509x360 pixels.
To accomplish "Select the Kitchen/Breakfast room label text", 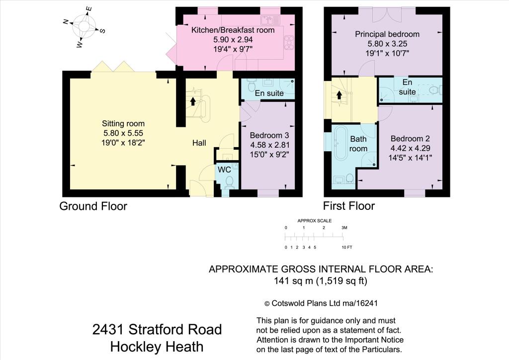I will click(233, 30).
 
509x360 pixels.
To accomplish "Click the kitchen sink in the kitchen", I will click(271, 20).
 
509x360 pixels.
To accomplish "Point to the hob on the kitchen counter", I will click(289, 42).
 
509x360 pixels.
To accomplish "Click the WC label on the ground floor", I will click(225, 170).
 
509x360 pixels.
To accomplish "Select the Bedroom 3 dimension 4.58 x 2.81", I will click(269, 145).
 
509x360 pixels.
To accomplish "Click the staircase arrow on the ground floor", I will click(192, 102).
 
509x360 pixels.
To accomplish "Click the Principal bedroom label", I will click(387, 34).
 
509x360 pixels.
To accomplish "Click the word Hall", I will click(199, 143).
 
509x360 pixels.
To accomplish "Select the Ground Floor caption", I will click(93, 206).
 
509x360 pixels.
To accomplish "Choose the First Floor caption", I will click(349, 206).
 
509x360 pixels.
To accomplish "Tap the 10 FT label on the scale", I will click(346, 247).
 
